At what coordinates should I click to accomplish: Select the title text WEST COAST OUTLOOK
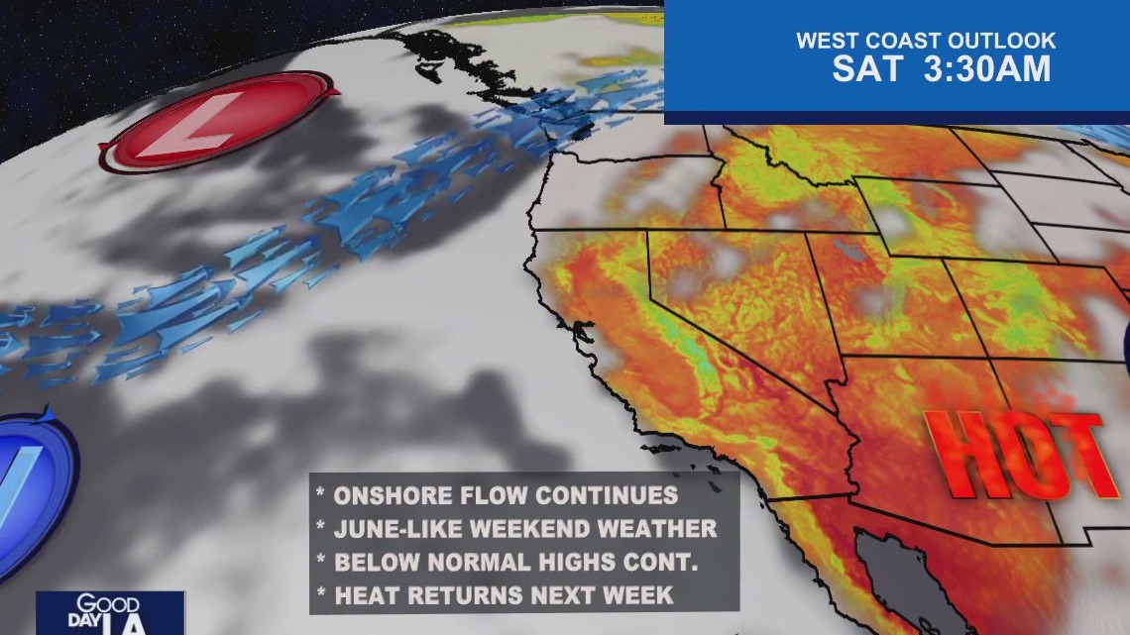[x=926, y=42]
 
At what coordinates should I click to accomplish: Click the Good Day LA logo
[x=109, y=613]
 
